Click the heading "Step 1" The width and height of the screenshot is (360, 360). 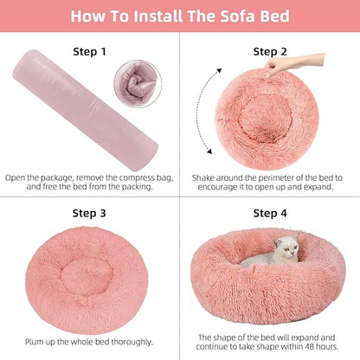tap(89, 52)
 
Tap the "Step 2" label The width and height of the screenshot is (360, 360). tap(270, 52)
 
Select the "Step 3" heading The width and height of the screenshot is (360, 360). tap(89, 214)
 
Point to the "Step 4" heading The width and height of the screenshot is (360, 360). tap(270, 214)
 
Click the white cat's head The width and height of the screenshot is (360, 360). tap(286, 247)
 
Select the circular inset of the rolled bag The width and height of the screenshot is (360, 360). tap(138, 84)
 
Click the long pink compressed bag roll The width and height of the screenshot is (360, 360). tap(85, 110)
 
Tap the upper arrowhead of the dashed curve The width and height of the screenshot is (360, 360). tap(219, 71)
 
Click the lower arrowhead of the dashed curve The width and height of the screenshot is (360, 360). tap(209, 151)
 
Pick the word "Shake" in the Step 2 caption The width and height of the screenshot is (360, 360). tap(203, 177)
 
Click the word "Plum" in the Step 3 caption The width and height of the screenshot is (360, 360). tap(33, 342)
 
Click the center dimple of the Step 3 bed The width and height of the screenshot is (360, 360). tap(87, 276)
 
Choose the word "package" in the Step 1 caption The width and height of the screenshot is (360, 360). tap(56, 178)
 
